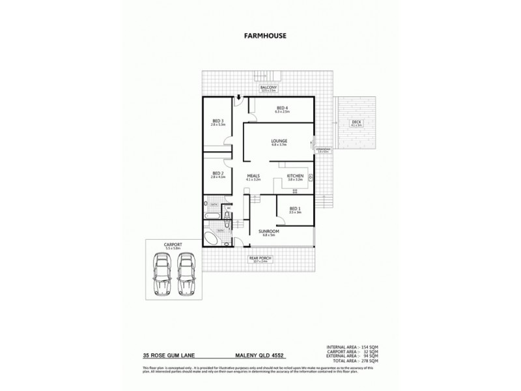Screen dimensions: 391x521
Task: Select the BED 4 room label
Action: point(282,108)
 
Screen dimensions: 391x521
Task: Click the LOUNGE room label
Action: point(279,141)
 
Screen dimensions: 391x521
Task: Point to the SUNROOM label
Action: point(268,232)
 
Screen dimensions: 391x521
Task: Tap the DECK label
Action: point(356,122)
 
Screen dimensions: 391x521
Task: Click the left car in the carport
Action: point(160,274)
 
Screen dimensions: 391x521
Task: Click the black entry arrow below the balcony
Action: point(240,98)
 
